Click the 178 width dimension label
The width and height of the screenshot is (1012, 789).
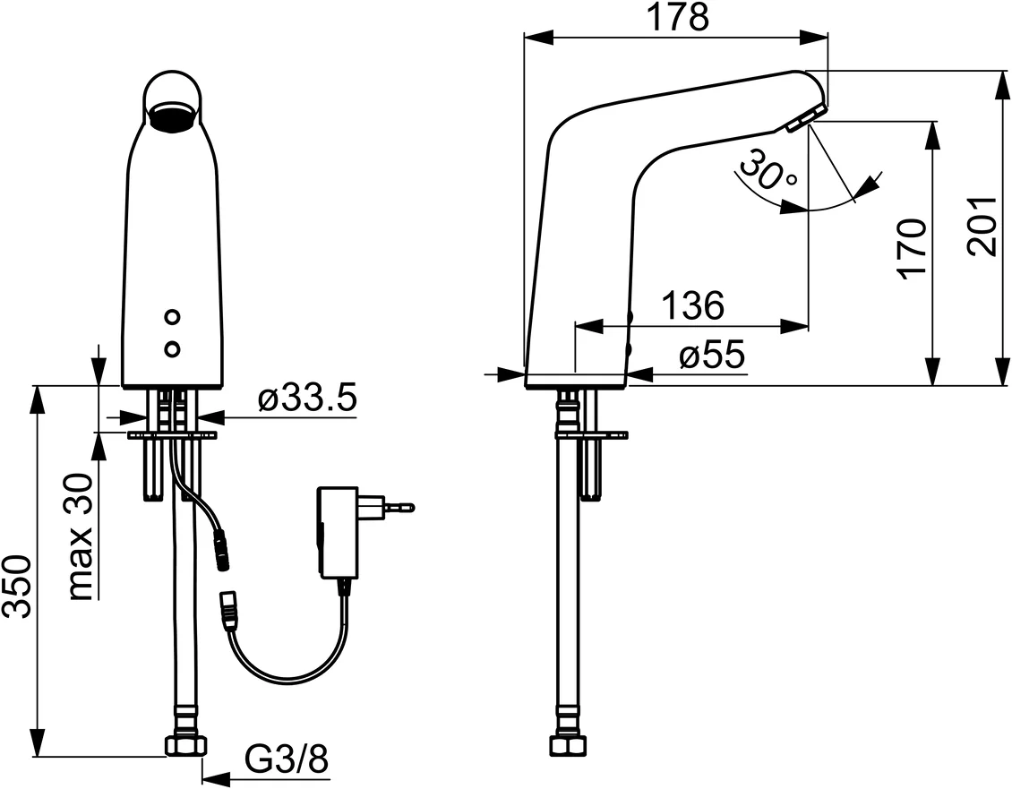click(x=678, y=17)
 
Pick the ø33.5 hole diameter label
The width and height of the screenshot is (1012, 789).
click(x=306, y=399)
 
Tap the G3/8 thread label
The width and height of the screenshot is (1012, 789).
click(x=287, y=759)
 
